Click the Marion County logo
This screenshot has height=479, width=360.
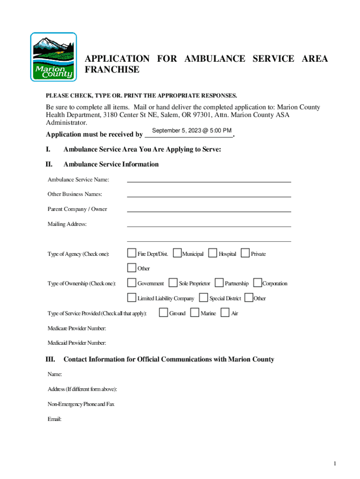(x=53, y=57)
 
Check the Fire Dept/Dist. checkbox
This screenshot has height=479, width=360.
(x=131, y=253)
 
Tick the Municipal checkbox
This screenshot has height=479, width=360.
(x=177, y=253)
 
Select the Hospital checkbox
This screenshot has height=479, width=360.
(x=213, y=253)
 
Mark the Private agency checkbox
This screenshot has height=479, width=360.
(x=245, y=253)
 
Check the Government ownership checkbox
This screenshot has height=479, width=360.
(x=131, y=283)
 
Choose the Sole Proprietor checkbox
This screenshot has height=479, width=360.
(x=173, y=283)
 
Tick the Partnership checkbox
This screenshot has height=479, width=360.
(x=219, y=283)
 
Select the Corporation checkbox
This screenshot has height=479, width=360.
(x=257, y=283)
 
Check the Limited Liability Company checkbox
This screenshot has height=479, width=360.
(x=131, y=298)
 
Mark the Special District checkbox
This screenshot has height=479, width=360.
(x=203, y=298)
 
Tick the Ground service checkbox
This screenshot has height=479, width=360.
(x=163, y=312)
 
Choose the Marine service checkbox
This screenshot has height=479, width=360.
(x=194, y=312)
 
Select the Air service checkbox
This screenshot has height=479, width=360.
(x=225, y=312)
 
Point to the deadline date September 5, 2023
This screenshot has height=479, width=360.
(x=189, y=131)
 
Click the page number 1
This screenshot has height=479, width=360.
(x=335, y=464)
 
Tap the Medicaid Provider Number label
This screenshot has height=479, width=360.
(x=77, y=343)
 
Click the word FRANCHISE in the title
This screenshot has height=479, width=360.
(x=112, y=70)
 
